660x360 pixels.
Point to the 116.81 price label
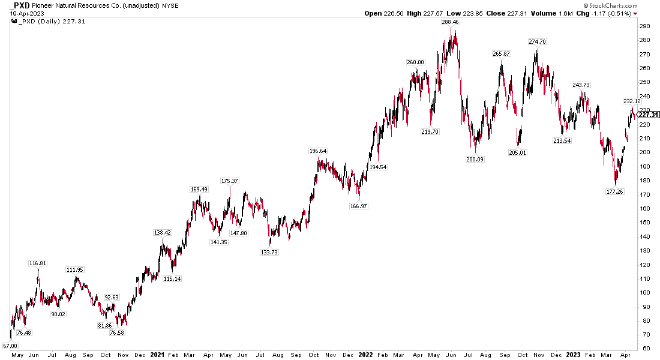38,263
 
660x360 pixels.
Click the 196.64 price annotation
317,151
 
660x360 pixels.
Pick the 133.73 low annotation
269,252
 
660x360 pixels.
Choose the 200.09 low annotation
475,160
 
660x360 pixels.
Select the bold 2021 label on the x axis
158,355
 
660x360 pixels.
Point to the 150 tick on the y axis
643,223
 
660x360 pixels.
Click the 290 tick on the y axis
643,26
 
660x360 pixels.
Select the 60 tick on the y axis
643,349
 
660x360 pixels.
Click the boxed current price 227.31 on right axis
649,115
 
